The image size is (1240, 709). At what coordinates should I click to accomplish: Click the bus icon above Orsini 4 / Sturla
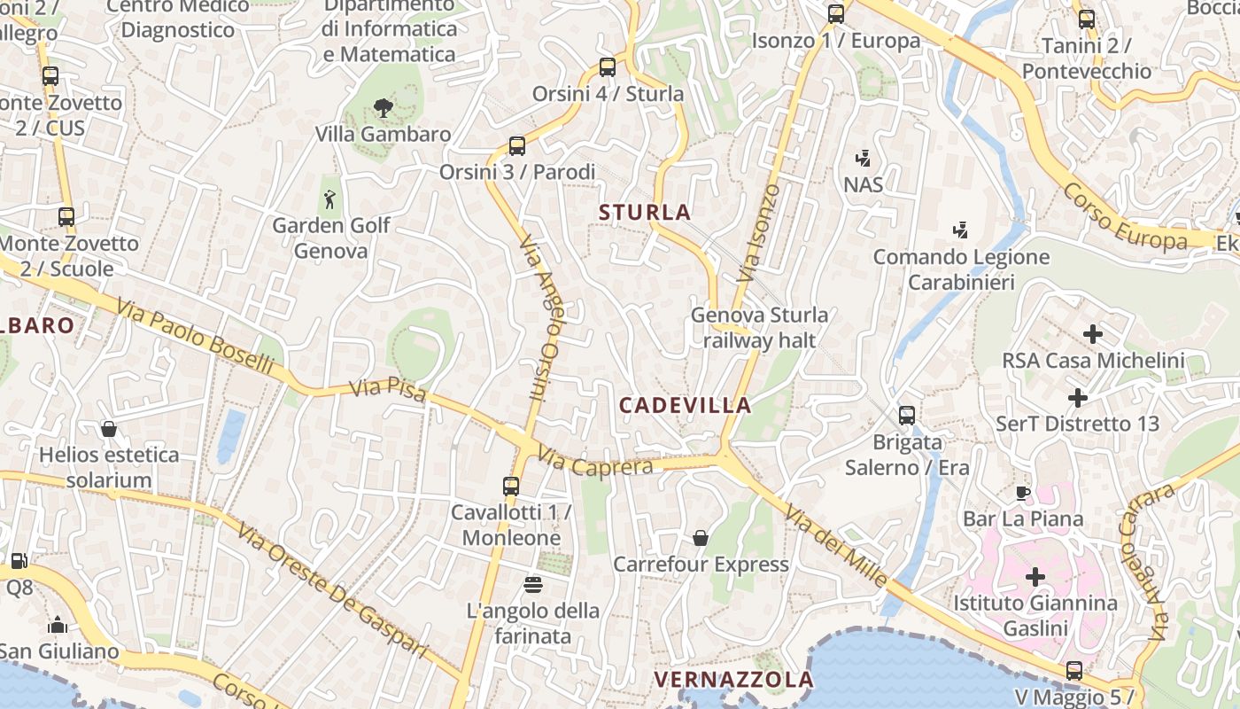[x=608, y=66]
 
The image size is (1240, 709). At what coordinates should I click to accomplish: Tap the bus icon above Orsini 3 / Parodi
[x=517, y=146]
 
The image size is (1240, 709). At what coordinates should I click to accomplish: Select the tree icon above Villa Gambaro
[x=383, y=108]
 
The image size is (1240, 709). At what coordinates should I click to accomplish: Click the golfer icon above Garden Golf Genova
[x=330, y=199]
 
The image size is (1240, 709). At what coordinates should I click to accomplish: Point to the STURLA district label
[x=645, y=213]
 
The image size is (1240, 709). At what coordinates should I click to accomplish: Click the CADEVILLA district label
[x=685, y=405]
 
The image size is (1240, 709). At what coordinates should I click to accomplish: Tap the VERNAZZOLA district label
[x=733, y=680]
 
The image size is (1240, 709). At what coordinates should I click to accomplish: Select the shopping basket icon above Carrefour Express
[x=701, y=538]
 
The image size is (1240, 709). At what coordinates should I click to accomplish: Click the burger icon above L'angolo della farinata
[x=533, y=584]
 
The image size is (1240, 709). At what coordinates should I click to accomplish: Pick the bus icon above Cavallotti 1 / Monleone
[x=511, y=486]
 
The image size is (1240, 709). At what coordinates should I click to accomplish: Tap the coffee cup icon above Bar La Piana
[x=1023, y=493]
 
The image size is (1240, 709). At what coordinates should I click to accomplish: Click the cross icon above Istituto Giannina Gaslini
[x=1035, y=577]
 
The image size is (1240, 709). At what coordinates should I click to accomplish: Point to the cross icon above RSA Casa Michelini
[x=1093, y=334]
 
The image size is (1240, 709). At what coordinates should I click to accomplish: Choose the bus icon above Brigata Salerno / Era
[x=907, y=415]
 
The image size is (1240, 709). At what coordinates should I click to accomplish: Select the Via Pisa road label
[x=388, y=391]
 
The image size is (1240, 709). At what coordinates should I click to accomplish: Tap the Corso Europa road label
[x=1124, y=218]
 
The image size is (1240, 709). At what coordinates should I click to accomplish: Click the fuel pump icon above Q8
[x=19, y=560]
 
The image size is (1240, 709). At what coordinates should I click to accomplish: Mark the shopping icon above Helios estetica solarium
[x=109, y=429]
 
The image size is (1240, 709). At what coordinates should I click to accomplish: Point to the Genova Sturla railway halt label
[x=759, y=327]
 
